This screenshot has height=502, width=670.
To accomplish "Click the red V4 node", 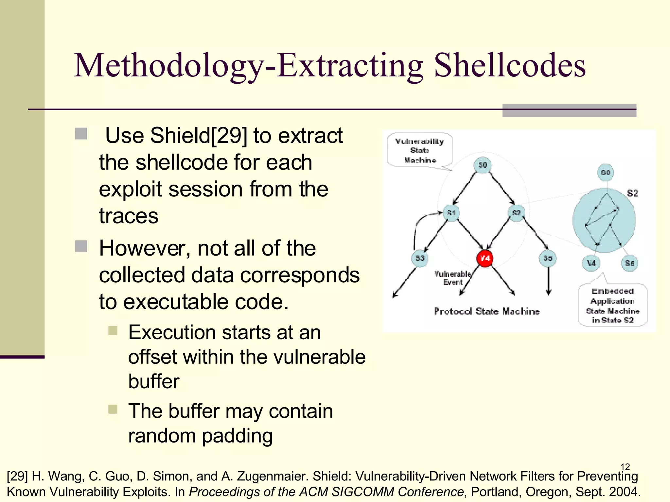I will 485,259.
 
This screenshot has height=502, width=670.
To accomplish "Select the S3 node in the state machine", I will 420,259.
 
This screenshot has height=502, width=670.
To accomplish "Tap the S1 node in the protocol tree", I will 451,213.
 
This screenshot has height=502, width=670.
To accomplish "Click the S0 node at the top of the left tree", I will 483,165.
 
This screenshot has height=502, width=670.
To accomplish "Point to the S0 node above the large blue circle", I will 606,173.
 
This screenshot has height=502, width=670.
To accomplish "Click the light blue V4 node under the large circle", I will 591,263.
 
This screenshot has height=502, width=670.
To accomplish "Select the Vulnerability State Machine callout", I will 419,151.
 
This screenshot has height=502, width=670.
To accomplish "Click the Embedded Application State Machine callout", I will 612,305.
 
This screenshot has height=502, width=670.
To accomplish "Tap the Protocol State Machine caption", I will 487,311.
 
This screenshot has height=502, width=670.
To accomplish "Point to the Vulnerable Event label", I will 452,278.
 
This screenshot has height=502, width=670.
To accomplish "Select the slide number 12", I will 625,467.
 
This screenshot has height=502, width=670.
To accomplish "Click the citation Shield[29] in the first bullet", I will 198,135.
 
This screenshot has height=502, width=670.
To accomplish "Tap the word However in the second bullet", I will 144,248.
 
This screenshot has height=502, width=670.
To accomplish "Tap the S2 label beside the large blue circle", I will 633,193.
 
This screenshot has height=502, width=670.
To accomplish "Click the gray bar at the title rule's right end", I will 569,110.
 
